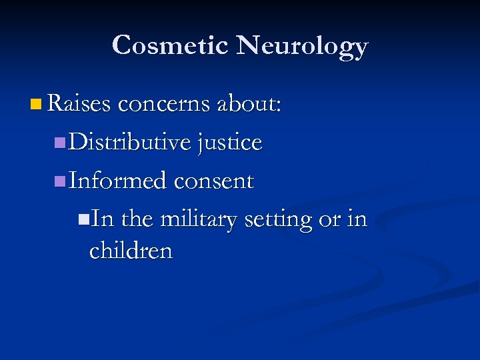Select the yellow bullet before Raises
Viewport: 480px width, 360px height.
pyautogui.click(x=35, y=105)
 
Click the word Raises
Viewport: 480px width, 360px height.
pyautogui.click(x=79, y=104)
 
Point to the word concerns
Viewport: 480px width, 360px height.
pyautogui.click(x=167, y=104)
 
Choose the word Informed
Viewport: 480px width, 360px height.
pyautogui.click(x=118, y=181)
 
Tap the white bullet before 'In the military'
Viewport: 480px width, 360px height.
pyautogui.click(x=83, y=219)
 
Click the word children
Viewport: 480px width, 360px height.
pyautogui.click(x=131, y=251)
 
